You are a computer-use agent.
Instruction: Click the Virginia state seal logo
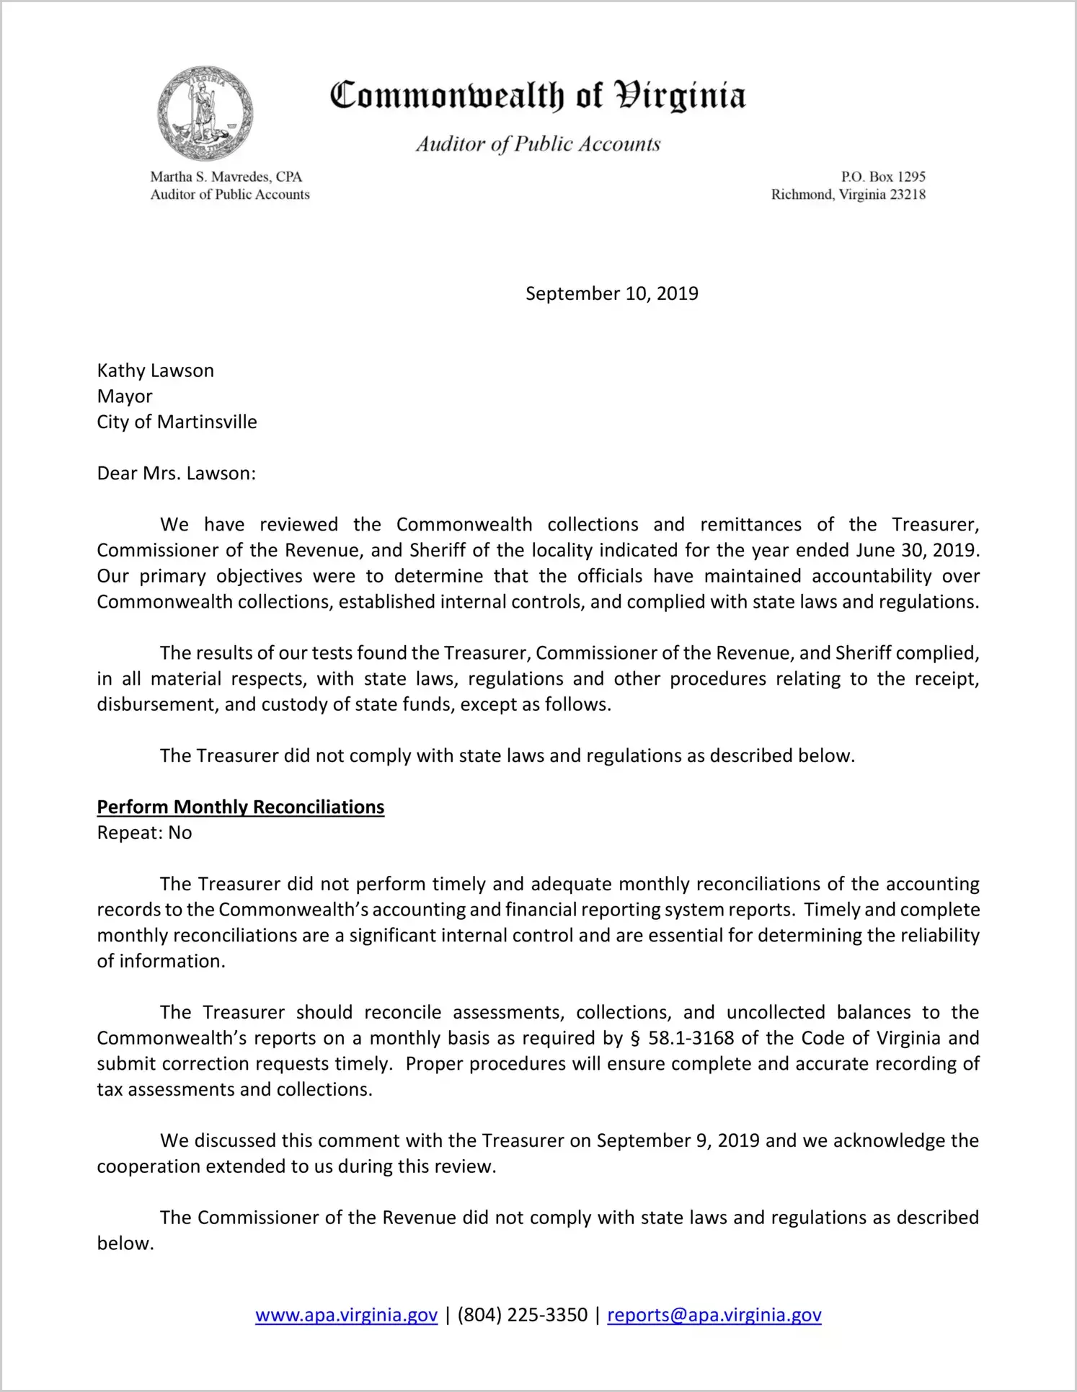[205, 114]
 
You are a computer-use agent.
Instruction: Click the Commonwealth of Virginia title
[538, 96]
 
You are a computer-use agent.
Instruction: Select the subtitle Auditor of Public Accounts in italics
[538, 144]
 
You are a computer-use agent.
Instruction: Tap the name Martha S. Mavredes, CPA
[226, 177]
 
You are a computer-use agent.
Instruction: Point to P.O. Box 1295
[883, 177]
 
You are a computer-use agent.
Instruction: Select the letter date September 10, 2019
[611, 293]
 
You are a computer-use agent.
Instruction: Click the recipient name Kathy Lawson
[156, 371]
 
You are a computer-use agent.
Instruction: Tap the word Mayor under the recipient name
[125, 396]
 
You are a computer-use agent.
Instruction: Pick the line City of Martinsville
[177, 422]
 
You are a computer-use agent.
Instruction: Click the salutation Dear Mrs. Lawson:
[177, 474]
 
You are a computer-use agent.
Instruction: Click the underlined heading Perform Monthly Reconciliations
[241, 807]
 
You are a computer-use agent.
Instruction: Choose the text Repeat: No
[144, 833]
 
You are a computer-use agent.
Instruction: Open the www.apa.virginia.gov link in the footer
[346, 1315]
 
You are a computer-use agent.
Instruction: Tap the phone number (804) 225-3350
[522, 1315]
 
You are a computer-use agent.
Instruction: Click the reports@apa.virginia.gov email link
[714, 1315]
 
